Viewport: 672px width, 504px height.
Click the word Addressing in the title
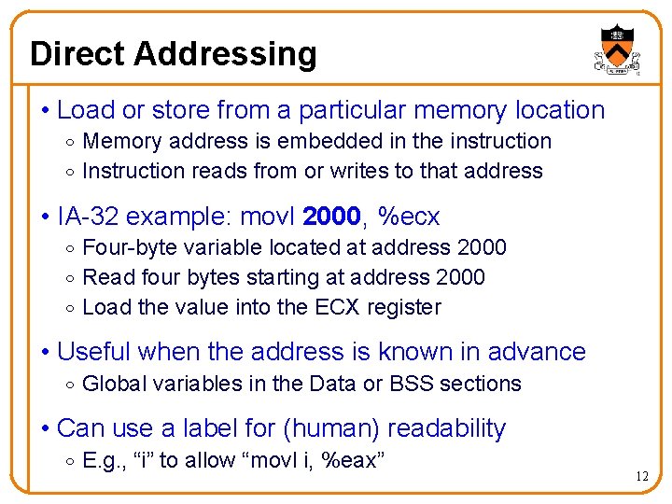coord(225,53)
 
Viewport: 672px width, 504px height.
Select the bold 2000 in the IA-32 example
coord(331,217)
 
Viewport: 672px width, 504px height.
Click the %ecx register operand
coord(409,217)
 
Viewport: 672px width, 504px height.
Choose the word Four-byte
coord(125,247)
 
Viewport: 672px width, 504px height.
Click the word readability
coord(446,428)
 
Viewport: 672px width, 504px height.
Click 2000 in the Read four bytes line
coord(460,277)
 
